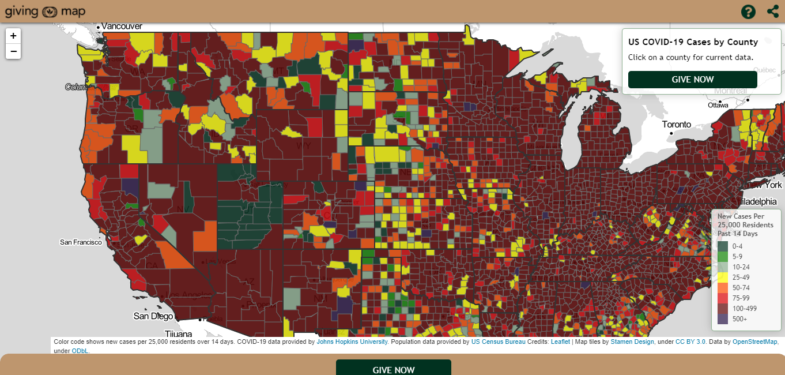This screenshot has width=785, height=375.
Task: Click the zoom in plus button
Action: (13, 35)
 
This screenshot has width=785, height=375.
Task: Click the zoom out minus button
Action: (13, 51)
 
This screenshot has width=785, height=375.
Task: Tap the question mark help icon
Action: (748, 12)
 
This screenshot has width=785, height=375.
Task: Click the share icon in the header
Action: (773, 12)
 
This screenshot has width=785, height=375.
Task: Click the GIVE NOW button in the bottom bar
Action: (394, 369)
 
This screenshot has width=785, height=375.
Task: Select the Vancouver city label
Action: (122, 26)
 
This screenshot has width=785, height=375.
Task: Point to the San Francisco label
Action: (81, 242)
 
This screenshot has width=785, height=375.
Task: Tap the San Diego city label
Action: (153, 316)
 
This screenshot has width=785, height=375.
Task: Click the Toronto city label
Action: (676, 125)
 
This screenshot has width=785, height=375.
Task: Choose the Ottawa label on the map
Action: (718, 105)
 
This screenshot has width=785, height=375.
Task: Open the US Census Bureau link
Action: (499, 342)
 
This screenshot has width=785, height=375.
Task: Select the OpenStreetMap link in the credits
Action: (755, 342)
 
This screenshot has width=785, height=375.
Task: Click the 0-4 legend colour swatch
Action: (723, 246)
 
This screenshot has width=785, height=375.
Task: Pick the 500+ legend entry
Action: (723, 318)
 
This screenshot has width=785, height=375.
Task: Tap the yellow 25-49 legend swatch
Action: (723, 277)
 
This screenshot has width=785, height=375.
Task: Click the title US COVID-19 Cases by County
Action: (693, 42)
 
